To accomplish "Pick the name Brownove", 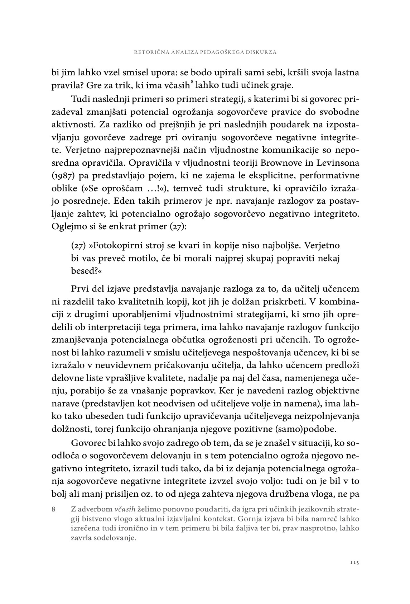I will tap(284, 162).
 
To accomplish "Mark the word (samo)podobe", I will tap(316, 428).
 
